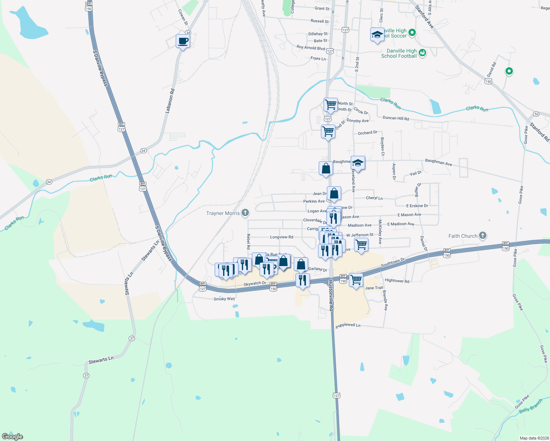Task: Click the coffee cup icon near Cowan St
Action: pos(183,42)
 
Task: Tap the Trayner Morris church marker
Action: pos(245,213)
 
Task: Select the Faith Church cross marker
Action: pos(483,236)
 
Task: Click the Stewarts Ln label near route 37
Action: pos(101,360)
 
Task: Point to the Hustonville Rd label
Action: pos(331,295)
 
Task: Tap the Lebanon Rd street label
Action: pos(170,101)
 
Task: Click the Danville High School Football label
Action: pos(399,54)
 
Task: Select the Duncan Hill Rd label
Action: pos(396,118)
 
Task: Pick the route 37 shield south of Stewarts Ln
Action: pos(86,376)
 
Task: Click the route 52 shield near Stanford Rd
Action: pos(536,114)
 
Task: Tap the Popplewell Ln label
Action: pos(348,325)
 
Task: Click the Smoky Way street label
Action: pos(224,299)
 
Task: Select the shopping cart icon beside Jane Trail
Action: pos(356,280)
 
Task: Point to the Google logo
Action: pos(12,436)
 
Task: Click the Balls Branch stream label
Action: pos(531,406)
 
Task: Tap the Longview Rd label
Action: pos(282,237)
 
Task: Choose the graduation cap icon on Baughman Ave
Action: pos(358,163)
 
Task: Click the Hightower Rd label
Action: pos(397,281)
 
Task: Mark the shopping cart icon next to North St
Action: pos(331,105)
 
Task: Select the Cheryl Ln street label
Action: pos(374,198)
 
